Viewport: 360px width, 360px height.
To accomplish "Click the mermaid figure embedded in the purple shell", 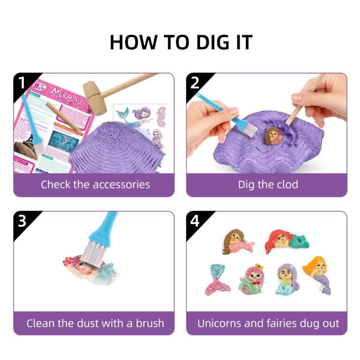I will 271,136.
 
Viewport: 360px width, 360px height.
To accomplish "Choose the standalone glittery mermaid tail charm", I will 217,278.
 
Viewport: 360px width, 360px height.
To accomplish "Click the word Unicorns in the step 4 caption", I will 220,323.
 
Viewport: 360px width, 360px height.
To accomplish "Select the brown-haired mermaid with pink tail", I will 236,242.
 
